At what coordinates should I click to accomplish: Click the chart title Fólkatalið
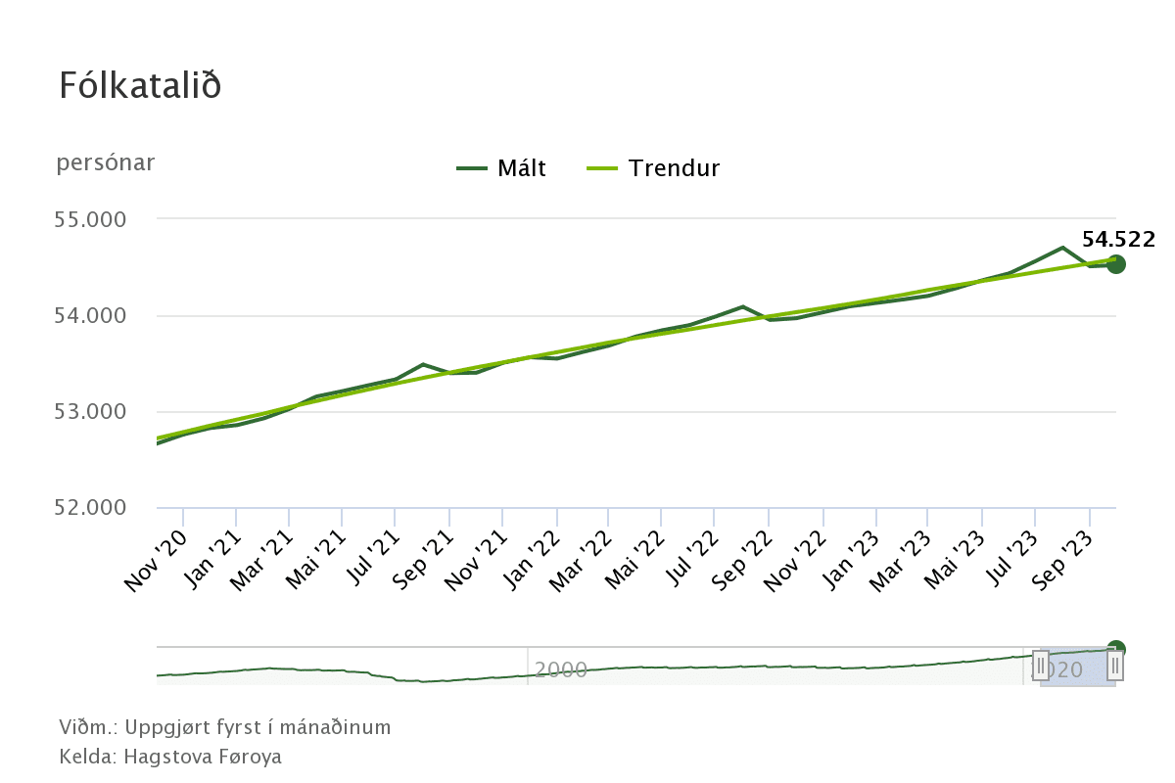click(140, 85)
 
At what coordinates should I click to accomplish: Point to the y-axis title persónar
click(106, 162)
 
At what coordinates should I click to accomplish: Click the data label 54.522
click(1118, 240)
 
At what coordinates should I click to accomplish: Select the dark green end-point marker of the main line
click(1115, 264)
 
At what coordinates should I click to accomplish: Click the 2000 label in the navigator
click(561, 670)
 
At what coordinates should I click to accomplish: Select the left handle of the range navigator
click(1040, 667)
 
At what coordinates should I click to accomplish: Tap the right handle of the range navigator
click(1115, 667)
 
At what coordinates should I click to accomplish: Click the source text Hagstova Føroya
click(203, 757)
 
